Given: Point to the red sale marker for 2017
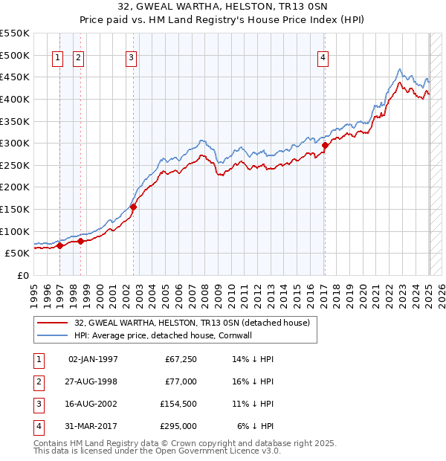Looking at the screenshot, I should point(325,146).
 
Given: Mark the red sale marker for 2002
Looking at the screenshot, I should point(134,207).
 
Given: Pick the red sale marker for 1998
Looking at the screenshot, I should point(80,241).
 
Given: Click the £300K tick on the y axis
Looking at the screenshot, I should point(16,143).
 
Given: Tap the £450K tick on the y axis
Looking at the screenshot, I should point(16,77).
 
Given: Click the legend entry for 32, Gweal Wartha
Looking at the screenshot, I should point(196,322).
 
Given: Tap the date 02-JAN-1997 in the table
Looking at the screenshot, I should point(93,359).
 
